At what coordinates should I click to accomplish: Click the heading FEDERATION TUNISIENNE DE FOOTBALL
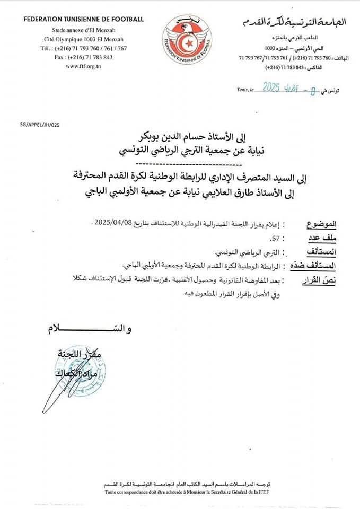[83, 20]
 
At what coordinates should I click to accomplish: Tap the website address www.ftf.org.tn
[83, 66]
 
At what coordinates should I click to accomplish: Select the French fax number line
[83, 57]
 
